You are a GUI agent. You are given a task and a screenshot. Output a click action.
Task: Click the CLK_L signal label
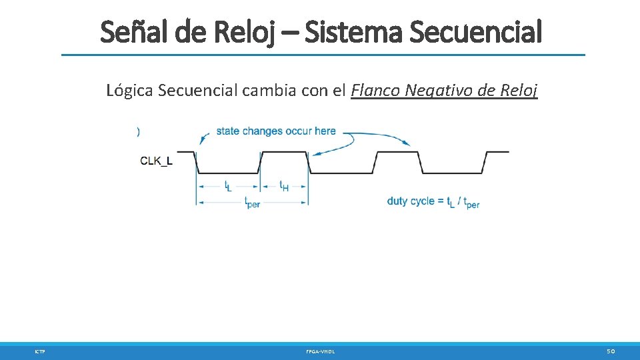(157, 160)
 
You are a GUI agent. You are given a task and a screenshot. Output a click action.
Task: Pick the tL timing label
(228, 186)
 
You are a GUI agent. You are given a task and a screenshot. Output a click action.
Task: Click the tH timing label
(283, 186)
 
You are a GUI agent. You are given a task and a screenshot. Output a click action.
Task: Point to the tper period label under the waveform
(252, 202)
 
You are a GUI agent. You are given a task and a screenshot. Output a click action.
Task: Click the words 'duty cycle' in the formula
(411, 201)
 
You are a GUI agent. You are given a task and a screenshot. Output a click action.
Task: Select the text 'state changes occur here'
(276, 131)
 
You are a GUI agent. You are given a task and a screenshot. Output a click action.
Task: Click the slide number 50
(611, 351)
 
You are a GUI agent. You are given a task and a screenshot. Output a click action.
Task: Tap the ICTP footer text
(39, 351)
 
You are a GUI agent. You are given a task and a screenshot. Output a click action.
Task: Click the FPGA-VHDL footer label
(320, 351)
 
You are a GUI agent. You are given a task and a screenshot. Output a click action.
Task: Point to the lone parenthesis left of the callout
(138, 131)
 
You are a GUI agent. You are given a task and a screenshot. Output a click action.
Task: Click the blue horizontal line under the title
(323, 55)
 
